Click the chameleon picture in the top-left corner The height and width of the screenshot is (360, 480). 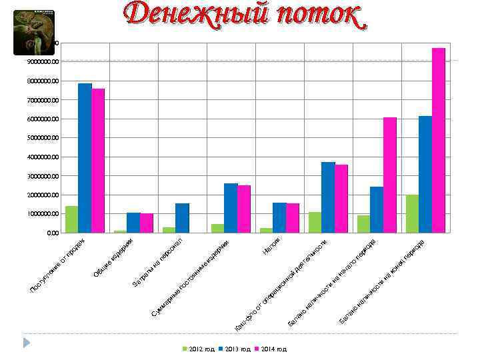point(33,33)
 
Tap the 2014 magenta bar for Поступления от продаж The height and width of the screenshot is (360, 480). point(98,161)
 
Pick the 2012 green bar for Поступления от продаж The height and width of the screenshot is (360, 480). point(71,219)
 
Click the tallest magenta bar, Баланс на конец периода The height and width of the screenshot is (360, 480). point(438,140)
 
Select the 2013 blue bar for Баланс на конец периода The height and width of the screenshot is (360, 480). point(425,174)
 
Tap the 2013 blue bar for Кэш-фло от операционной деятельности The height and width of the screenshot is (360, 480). point(328,197)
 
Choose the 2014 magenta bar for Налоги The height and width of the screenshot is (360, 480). point(293,218)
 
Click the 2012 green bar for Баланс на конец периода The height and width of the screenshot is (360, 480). point(412,213)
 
